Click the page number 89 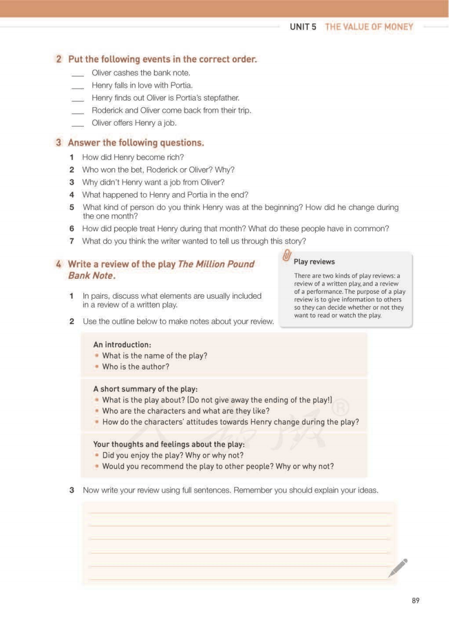[x=415, y=601]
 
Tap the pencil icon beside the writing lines [x=398, y=568]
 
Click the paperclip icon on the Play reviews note [x=286, y=255]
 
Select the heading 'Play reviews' [x=314, y=262]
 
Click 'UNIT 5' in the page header [x=303, y=26]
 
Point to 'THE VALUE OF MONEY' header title [x=369, y=26]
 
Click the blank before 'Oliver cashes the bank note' [x=78, y=74]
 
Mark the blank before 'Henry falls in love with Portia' [x=78, y=87]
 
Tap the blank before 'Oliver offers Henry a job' [x=78, y=124]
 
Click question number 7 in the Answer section [x=71, y=241]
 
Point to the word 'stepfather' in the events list [x=222, y=98]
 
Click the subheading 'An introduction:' [x=122, y=345]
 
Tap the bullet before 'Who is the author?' [x=97, y=367]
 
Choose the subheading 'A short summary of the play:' [x=145, y=389]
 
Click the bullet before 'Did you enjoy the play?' [x=97, y=455]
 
